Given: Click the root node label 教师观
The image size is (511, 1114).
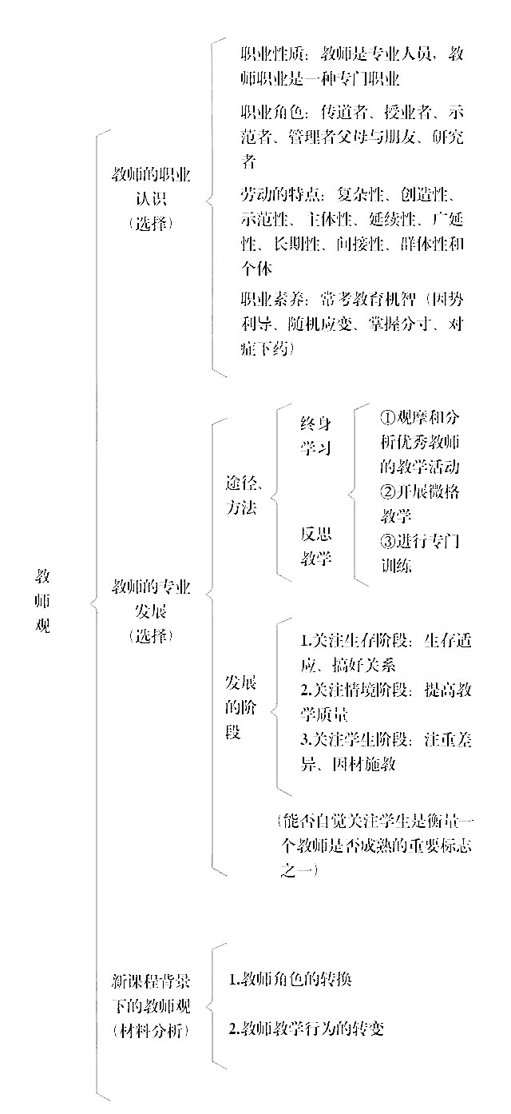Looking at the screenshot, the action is [x=43, y=601].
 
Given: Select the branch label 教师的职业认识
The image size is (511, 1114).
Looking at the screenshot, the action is [x=151, y=187].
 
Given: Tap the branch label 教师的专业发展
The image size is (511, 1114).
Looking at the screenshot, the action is [x=151, y=599].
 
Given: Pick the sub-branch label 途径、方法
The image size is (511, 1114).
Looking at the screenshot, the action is [x=243, y=495].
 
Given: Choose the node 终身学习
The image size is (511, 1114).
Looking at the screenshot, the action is [x=315, y=436].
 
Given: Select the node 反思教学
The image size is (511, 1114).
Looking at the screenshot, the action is [x=315, y=546].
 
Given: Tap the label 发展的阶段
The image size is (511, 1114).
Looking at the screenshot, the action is [x=240, y=707].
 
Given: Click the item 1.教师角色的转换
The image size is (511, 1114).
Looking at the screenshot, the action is [x=291, y=979].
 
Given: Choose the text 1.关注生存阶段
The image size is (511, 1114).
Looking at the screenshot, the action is [x=354, y=641].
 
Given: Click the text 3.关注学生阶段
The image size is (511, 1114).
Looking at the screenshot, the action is [x=354, y=739].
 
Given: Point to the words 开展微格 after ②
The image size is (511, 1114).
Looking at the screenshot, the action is [x=427, y=491].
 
